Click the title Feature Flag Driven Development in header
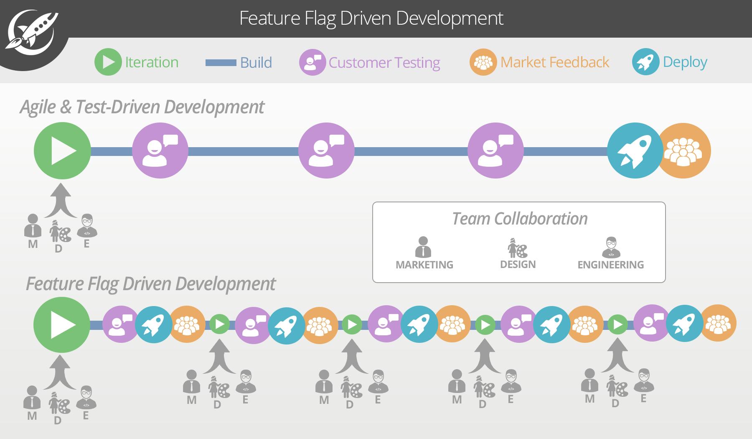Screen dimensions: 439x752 (x=371, y=18)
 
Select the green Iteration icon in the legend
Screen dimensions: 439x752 (x=108, y=62)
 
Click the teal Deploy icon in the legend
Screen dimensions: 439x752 (x=645, y=62)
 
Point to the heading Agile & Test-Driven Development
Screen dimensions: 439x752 (x=142, y=107)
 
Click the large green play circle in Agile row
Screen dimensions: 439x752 (x=62, y=151)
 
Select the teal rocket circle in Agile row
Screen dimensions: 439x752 (x=634, y=151)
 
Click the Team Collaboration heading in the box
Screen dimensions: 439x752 (x=519, y=219)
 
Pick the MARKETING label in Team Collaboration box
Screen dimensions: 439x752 (x=424, y=265)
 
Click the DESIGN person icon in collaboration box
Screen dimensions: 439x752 (x=517, y=248)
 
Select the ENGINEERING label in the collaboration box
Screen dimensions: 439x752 (x=610, y=265)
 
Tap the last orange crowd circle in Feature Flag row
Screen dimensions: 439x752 (x=718, y=323)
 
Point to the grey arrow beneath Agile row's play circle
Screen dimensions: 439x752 (x=61, y=200)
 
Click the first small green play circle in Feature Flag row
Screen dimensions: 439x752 (x=219, y=324)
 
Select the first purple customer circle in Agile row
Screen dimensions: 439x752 (x=160, y=151)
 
